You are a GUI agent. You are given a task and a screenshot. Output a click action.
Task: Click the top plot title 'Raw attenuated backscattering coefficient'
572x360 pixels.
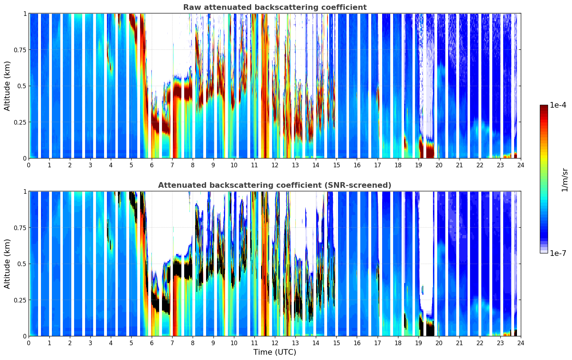275,7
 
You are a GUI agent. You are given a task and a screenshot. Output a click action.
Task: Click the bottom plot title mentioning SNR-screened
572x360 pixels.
275,185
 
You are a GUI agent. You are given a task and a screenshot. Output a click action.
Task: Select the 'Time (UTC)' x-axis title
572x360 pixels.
275,352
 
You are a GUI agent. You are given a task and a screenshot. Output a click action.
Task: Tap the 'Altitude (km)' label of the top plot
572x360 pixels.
7,86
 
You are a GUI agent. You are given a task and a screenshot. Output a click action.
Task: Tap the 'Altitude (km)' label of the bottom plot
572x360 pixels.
7,264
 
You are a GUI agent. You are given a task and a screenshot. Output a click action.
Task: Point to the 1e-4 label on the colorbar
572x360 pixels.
558,105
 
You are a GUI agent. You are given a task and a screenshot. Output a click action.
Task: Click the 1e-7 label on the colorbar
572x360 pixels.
558,253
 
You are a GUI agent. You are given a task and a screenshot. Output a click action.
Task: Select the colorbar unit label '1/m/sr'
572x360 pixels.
565,179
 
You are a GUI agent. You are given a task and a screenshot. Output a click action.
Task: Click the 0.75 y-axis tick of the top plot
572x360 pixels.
20,50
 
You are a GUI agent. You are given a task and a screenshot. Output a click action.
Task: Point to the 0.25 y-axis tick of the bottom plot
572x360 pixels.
20,300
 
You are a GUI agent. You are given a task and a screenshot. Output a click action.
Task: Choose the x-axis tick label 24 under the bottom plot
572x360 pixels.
521,343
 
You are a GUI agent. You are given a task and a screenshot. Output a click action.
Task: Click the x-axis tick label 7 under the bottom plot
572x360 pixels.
172,343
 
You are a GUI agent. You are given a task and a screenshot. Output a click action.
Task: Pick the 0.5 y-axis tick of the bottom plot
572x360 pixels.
22,264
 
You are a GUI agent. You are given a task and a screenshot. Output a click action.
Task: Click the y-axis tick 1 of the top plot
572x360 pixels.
25,13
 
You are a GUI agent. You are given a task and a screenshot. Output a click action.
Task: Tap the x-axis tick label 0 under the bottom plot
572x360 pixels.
29,343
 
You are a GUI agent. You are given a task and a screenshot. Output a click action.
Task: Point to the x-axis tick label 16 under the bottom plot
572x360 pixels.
357,343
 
